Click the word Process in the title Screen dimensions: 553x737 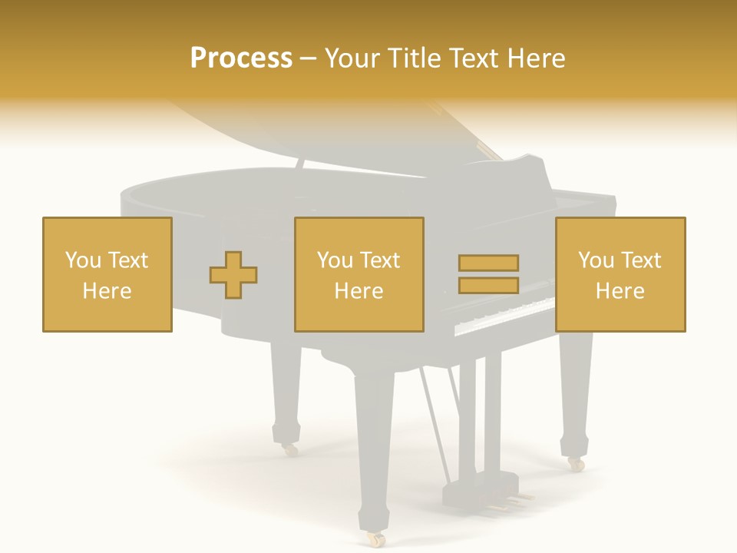[241, 58]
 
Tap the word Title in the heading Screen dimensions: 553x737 [413, 58]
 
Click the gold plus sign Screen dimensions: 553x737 [233, 275]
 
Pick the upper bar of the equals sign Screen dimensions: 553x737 [488, 263]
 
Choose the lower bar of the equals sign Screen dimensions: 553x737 [488, 285]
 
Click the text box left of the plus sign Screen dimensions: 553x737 [107, 274]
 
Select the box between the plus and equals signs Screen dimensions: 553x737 [359, 274]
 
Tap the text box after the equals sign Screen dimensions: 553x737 [620, 274]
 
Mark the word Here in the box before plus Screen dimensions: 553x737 [107, 291]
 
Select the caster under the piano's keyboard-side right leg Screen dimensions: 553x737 [575, 464]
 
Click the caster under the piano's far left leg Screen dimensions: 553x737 [289, 449]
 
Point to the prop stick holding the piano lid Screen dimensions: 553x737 [299, 164]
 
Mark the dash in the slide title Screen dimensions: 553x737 [309, 58]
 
